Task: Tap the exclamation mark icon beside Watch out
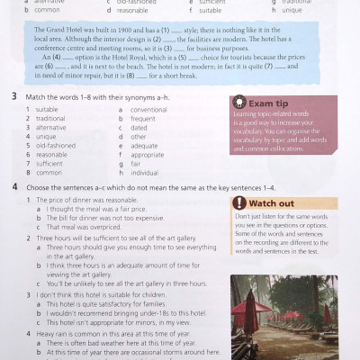click(238, 203)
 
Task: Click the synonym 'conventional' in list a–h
click(149, 109)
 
